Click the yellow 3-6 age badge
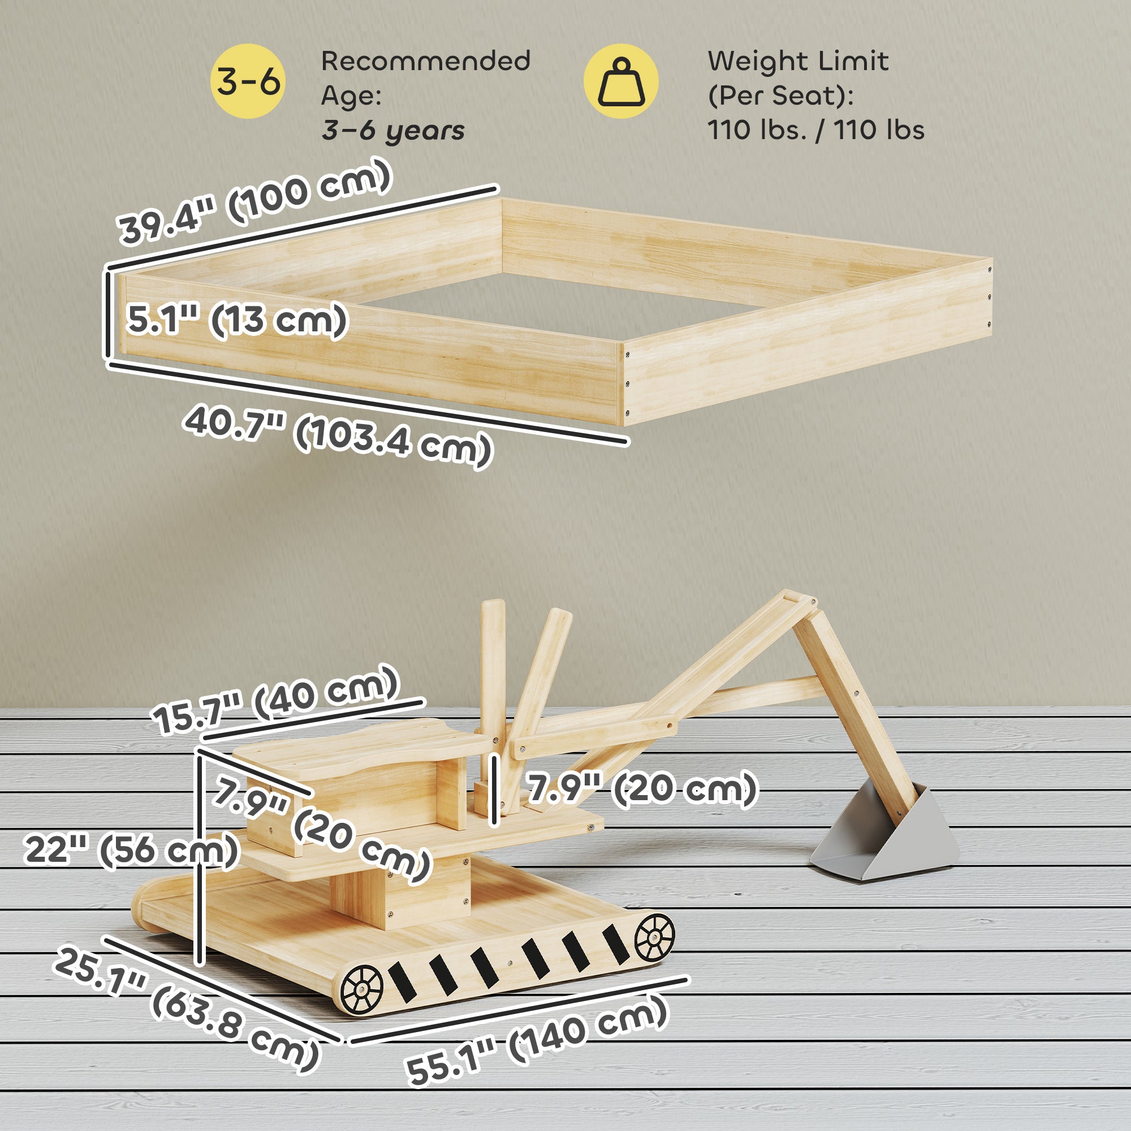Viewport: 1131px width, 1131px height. tap(248, 81)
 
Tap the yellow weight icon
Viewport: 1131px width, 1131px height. tap(620, 81)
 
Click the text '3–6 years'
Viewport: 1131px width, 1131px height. tap(393, 131)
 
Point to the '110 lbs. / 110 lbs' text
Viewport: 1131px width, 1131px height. tap(815, 129)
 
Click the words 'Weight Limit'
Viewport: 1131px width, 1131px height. tap(798, 61)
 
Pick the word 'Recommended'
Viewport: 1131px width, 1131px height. tap(426, 61)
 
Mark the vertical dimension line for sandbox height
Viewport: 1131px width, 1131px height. tap(107, 314)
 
